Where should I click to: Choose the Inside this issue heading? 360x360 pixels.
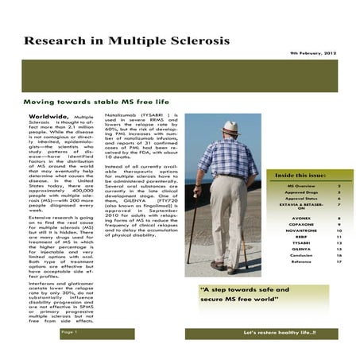click(x=304, y=175)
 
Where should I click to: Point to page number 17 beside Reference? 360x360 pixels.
click(x=339, y=261)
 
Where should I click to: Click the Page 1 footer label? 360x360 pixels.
click(x=69, y=332)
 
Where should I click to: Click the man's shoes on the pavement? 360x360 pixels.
click(x=223, y=265)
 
